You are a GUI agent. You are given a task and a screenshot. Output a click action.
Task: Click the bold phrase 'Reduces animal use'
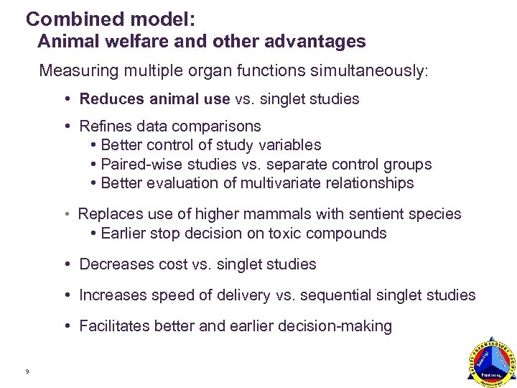pos(154,99)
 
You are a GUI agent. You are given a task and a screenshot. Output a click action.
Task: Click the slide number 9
pos(27,371)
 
